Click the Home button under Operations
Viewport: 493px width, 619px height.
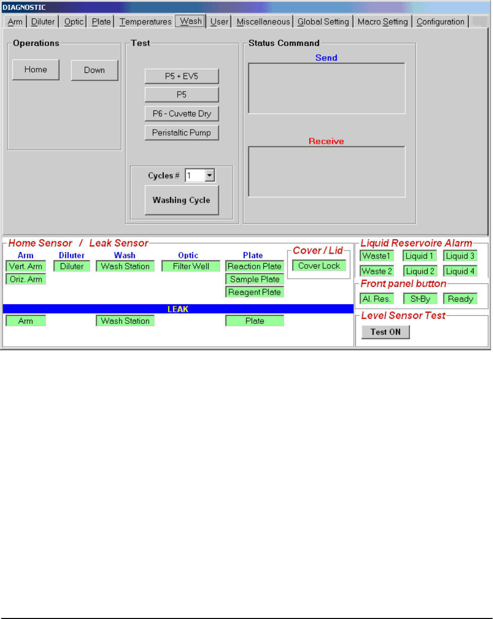[35, 70]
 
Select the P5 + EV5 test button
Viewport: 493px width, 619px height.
[182, 76]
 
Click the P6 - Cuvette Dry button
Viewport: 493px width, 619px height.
[182, 114]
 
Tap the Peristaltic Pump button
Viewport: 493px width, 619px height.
[182, 133]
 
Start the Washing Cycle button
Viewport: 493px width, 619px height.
[182, 200]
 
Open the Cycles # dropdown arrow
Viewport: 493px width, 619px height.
[210, 176]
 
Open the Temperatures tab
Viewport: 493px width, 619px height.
[146, 22]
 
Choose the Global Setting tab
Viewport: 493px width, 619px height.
[323, 22]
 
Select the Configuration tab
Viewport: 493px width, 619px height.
[440, 22]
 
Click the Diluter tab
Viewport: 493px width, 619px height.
[43, 22]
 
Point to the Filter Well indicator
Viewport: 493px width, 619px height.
[191, 266]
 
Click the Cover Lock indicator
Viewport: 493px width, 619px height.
[319, 266]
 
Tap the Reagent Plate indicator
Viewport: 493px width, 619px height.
[255, 292]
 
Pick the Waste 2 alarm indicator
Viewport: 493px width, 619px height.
[377, 271]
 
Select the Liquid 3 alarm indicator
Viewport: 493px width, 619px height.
[460, 256]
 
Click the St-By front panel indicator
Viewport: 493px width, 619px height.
[420, 299]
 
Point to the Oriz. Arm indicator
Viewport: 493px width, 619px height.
[25, 279]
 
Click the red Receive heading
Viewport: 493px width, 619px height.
[326, 141]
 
